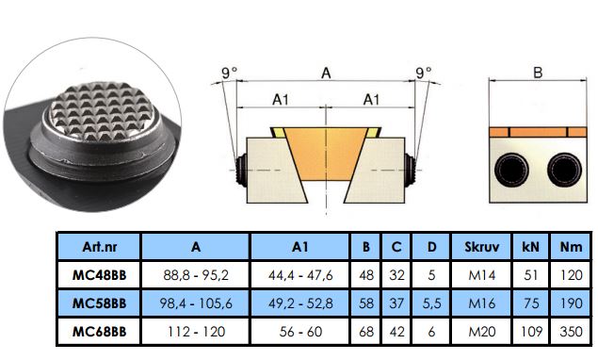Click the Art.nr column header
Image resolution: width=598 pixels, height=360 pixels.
pos(99,247)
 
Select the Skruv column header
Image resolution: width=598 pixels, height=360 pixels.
pos(481,247)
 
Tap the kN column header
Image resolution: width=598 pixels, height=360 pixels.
pos(531,247)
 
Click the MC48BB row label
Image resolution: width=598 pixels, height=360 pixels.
pos(99,275)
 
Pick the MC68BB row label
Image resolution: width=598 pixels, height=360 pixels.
pos(99,332)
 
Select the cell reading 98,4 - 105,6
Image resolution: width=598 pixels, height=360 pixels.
pos(196,303)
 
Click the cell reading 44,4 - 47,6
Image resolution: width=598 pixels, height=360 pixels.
pos(300,275)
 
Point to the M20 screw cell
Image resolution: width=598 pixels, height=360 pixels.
pos(481,332)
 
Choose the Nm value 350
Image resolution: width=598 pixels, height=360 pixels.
pos(571,332)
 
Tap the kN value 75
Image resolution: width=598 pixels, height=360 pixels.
pos(531,303)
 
